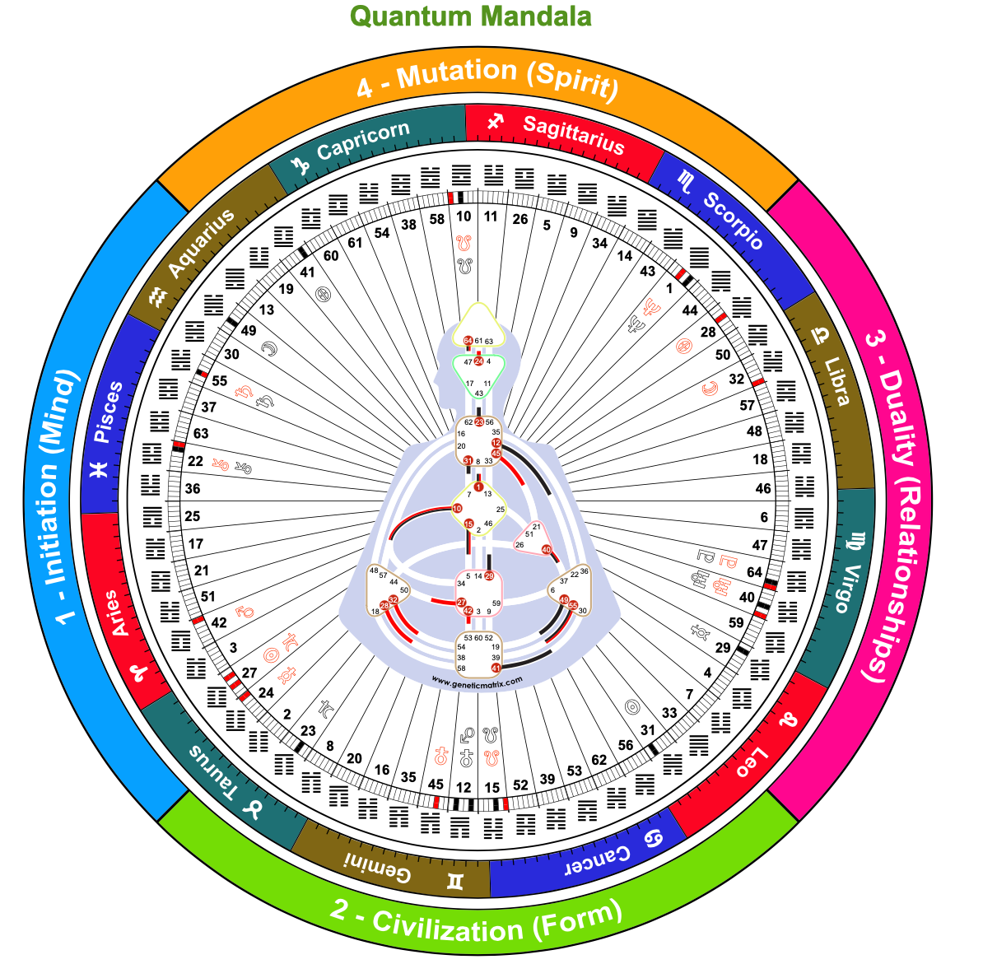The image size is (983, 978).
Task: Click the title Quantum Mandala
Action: coord(470,16)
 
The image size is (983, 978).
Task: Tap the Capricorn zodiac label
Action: coord(363,140)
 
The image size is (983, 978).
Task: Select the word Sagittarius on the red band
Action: coord(574,134)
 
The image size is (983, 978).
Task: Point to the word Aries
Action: coord(120,613)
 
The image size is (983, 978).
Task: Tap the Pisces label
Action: coord(108,412)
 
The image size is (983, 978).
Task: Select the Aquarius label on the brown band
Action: coord(201,243)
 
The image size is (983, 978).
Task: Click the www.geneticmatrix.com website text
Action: coord(477,682)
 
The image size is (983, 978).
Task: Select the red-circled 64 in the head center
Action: coord(468,340)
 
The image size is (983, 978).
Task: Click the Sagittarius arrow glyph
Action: coord(495,123)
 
